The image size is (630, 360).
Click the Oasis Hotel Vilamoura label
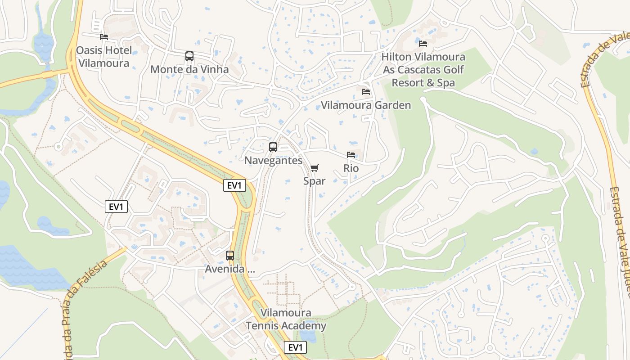coord(103,57)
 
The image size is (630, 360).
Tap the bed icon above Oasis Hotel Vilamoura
coord(104,36)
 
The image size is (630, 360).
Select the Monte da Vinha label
coord(189,69)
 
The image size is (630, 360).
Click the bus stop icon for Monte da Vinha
coord(189,56)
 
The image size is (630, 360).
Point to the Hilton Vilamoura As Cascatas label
coord(423,70)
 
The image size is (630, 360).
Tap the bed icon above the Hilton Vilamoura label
coord(423,44)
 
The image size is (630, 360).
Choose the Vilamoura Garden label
coord(366,105)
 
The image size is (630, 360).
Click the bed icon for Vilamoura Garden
coord(366,92)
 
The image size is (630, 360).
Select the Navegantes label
coord(273,161)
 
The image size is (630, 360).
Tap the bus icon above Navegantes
coord(273,147)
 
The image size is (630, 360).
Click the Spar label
coord(314,181)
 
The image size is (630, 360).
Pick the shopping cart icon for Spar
coord(315,168)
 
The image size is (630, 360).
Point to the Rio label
coord(351,168)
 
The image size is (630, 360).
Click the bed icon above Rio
coord(351,155)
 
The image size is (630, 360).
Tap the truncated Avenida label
coord(230,269)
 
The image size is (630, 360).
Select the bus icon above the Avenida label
coord(230,256)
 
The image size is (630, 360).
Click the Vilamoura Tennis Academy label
coord(286,319)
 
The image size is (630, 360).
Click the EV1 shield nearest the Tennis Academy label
coord(296,347)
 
